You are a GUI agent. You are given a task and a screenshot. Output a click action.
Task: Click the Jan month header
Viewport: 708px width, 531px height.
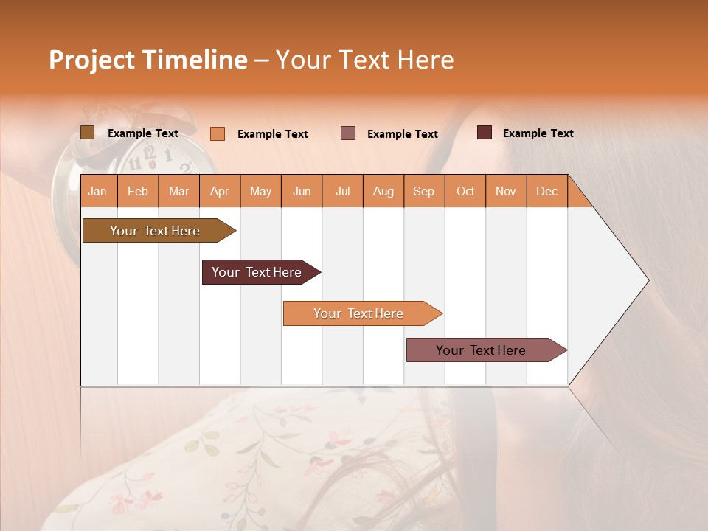click(x=98, y=191)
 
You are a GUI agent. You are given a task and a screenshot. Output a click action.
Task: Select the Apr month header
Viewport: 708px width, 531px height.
click(x=220, y=191)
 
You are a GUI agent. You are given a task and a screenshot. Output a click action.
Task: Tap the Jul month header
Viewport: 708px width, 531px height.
click(x=342, y=191)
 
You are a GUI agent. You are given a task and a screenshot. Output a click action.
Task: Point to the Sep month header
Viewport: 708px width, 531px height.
click(x=423, y=191)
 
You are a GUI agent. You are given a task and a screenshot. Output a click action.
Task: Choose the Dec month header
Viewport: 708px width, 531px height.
click(x=546, y=191)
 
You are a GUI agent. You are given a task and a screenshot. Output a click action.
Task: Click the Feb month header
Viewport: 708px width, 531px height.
click(x=138, y=191)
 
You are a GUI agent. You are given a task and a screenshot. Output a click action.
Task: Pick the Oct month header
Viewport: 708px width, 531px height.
click(x=465, y=191)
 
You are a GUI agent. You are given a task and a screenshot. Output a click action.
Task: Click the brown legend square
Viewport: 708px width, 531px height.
click(x=87, y=133)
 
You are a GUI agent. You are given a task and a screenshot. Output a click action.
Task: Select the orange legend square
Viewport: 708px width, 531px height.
click(x=217, y=133)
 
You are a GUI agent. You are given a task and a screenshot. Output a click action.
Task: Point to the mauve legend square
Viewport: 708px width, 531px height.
click(x=348, y=133)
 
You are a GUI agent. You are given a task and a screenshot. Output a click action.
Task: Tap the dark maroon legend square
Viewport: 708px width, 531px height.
click(x=484, y=133)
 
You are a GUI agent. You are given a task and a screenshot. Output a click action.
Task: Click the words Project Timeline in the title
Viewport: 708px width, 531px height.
click(x=147, y=60)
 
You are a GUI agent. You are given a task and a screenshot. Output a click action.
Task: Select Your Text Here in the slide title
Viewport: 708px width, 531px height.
click(x=364, y=60)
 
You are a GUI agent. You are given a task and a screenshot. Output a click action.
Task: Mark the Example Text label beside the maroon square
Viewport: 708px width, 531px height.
click(x=538, y=133)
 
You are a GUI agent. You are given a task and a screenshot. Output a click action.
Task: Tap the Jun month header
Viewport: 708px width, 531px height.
click(x=301, y=191)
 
